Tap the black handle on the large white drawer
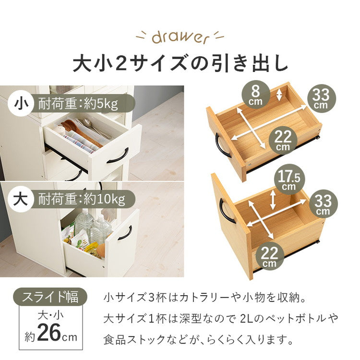pyautogui.click(x=125, y=232)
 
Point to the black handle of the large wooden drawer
pyautogui.click(x=227, y=211)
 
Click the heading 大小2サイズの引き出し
pyautogui.click(x=180, y=64)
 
